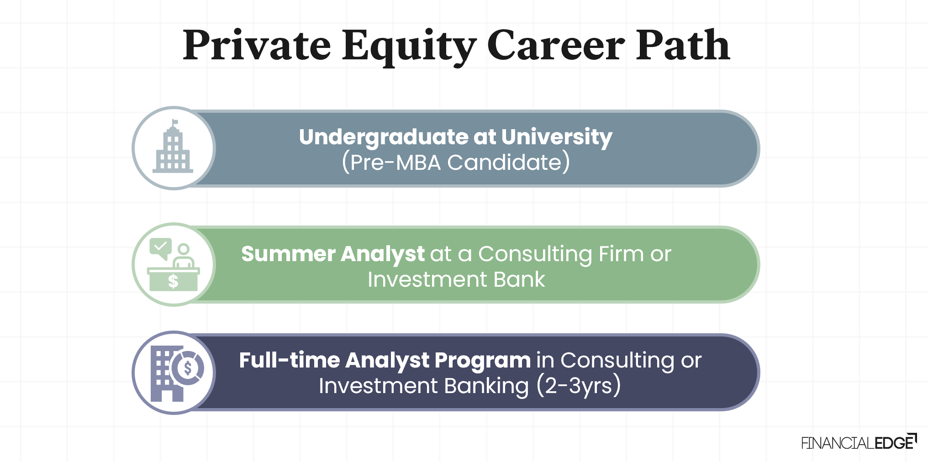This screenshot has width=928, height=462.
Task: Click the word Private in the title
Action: coord(257,46)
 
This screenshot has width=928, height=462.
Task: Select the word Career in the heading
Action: coord(555,46)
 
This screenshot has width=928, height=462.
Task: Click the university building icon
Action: coord(173,150)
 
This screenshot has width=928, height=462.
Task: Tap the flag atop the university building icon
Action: coord(174,122)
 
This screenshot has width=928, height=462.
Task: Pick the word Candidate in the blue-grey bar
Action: coord(504,163)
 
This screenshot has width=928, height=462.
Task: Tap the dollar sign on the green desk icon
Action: coord(173,281)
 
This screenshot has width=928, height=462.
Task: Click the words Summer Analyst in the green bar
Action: coord(332,254)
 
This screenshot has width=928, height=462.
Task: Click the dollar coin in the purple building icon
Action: coord(188,367)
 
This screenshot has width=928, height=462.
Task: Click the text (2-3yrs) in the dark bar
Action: coord(579,386)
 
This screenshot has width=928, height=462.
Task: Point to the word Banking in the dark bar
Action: coord(486,386)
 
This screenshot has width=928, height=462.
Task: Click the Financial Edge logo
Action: coord(859,442)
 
